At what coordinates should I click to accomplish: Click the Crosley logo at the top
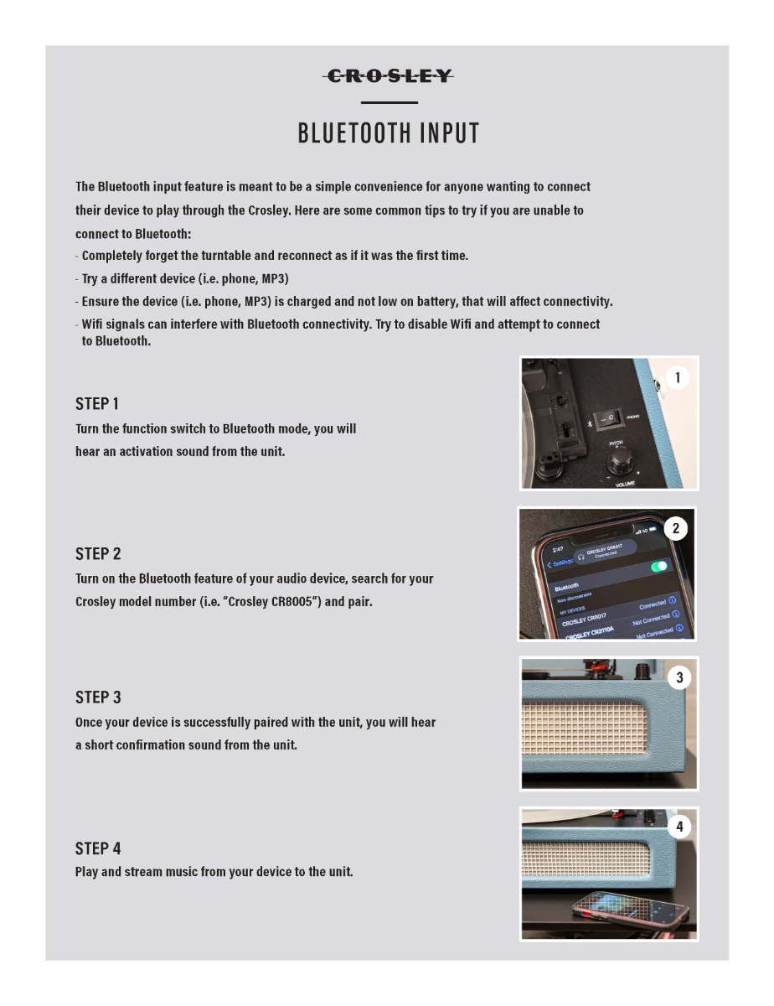388,76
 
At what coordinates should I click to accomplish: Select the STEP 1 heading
97,404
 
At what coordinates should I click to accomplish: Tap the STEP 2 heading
98,554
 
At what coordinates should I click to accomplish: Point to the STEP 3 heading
98,697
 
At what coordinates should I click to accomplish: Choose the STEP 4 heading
98,848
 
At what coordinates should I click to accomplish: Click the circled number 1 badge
678,378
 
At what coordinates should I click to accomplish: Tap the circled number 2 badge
676,529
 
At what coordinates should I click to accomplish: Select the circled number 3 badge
679,677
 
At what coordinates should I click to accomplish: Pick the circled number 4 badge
679,827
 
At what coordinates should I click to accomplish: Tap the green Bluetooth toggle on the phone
659,567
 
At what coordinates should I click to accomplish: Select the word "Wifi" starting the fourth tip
95,324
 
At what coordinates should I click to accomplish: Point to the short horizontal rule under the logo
389,102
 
